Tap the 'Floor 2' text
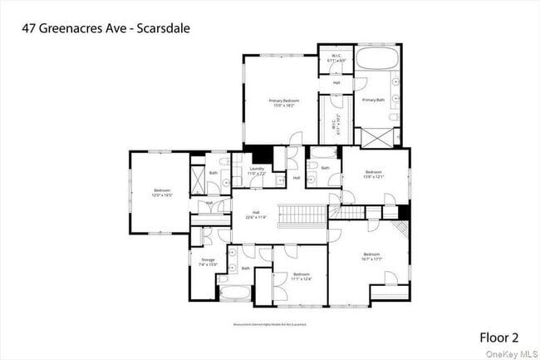pyautogui.click(x=498, y=337)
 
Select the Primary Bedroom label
pyautogui.click(x=283, y=102)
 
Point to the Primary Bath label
pyautogui.click(x=373, y=101)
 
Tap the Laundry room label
pyautogui.click(x=257, y=170)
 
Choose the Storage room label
pyautogui.click(x=208, y=262)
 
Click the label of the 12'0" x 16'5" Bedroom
pyautogui.click(x=162, y=194)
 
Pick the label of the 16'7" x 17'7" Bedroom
pyautogui.click(x=371, y=256)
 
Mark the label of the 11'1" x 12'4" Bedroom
pyautogui.click(x=301, y=276)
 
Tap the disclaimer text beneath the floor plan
pyautogui.click(x=269, y=325)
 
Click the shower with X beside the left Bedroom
pyautogui.click(x=199, y=180)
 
